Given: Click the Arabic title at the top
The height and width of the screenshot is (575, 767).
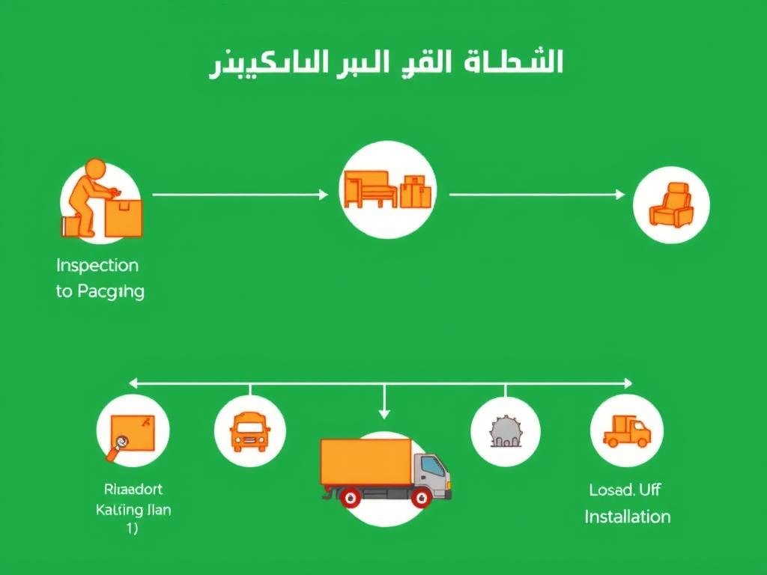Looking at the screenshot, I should pyautogui.click(x=385, y=64).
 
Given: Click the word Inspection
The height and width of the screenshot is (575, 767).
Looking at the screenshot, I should pyautogui.click(x=97, y=265).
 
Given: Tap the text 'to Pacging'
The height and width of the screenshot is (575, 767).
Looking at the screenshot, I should pyautogui.click(x=100, y=292).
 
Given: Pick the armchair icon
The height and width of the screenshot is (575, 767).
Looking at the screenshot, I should pyautogui.click(x=670, y=204).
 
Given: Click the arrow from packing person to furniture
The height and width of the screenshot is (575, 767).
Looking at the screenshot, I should pyautogui.click(x=240, y=195).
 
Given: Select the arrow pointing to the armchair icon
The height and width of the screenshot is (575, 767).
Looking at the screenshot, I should pyautogui.click(x=536, y=195).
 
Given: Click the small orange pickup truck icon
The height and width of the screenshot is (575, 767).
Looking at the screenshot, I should pyautogui.click(x=626, y=431).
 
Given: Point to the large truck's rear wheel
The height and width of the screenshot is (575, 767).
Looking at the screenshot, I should pyautogui.click(x=350, y=497).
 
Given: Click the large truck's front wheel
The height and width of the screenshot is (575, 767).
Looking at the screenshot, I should pyautogui.click(x=421, y=497).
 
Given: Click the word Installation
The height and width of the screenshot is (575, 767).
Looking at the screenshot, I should pyautogui.click(x=627, y=517).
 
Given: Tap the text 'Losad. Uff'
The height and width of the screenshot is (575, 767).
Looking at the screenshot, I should pyautogui.click(x=625, y=490).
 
